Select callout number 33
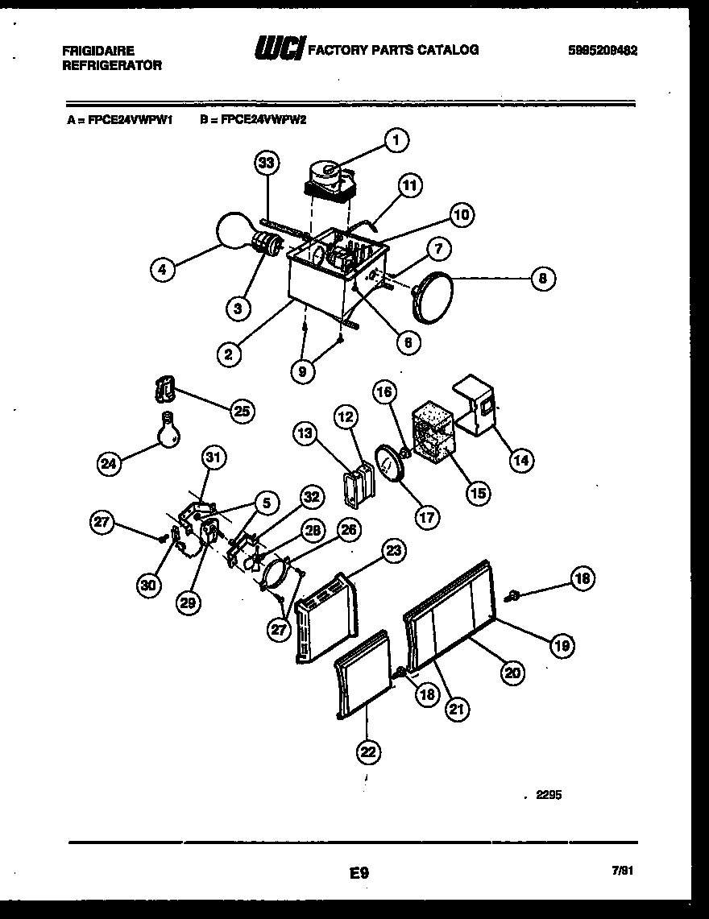click(267, 163)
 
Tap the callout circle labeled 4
click(164, 271)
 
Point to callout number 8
click(543, 279)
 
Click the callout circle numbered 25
click(240, 412)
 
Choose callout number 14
click(520, 460)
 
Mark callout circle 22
click(367, 751)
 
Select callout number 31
click(212, 457)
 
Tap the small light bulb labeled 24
click(168, 431)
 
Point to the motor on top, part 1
click(327, 180)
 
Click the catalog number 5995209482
click(602, 50)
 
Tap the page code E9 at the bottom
click(359, 871)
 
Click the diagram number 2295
click(547, 795)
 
